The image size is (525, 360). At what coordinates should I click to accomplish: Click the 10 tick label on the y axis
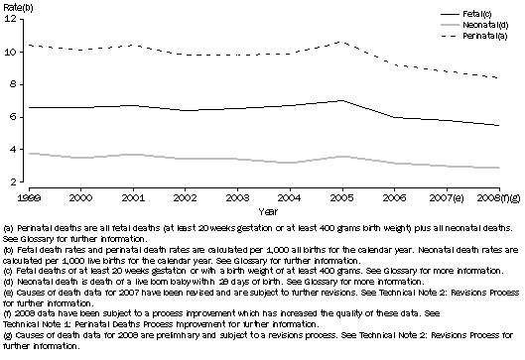point(8,53)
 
